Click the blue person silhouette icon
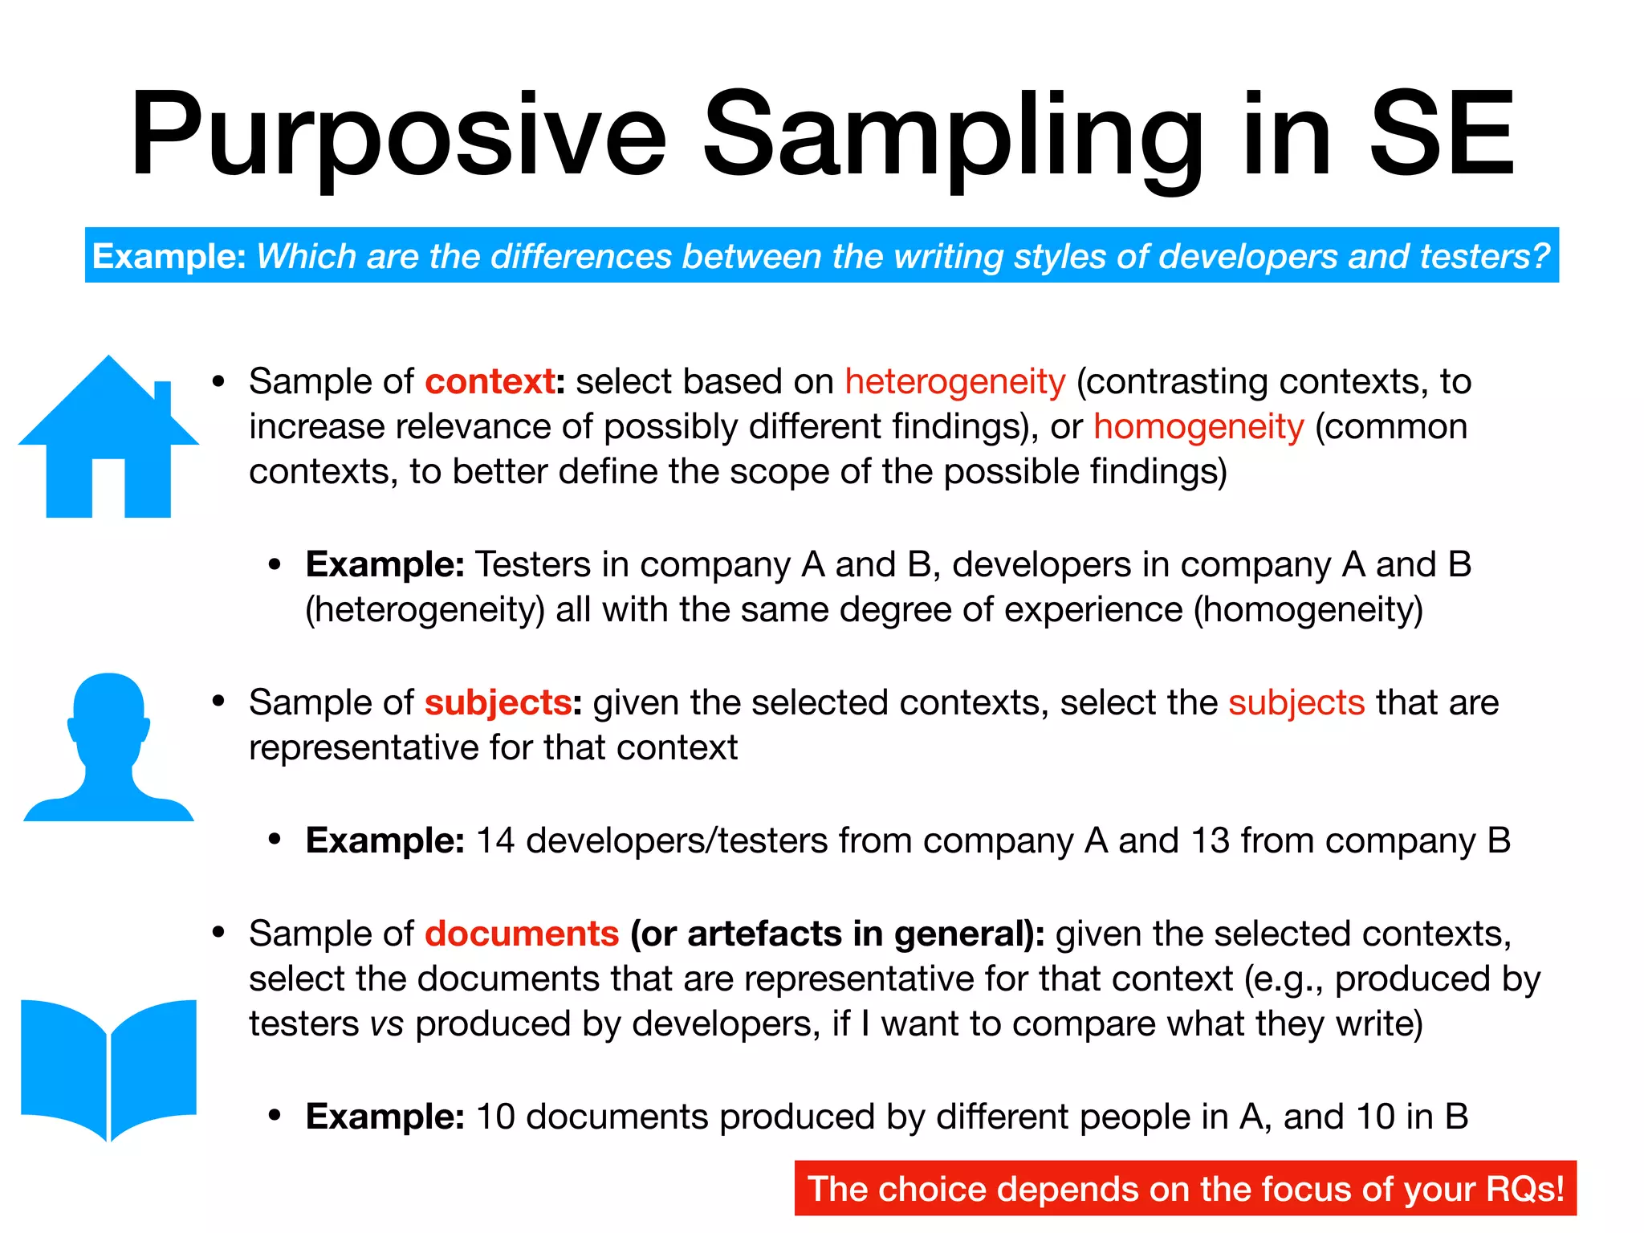click(108, 747)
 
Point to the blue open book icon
click(108, 1068)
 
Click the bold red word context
click(490, 381)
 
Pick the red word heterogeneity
click(955, 381)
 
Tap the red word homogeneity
click(1198, 426)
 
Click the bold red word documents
click(522, 934)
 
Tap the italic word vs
click(387, 1024)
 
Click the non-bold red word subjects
click(1296, 702)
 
